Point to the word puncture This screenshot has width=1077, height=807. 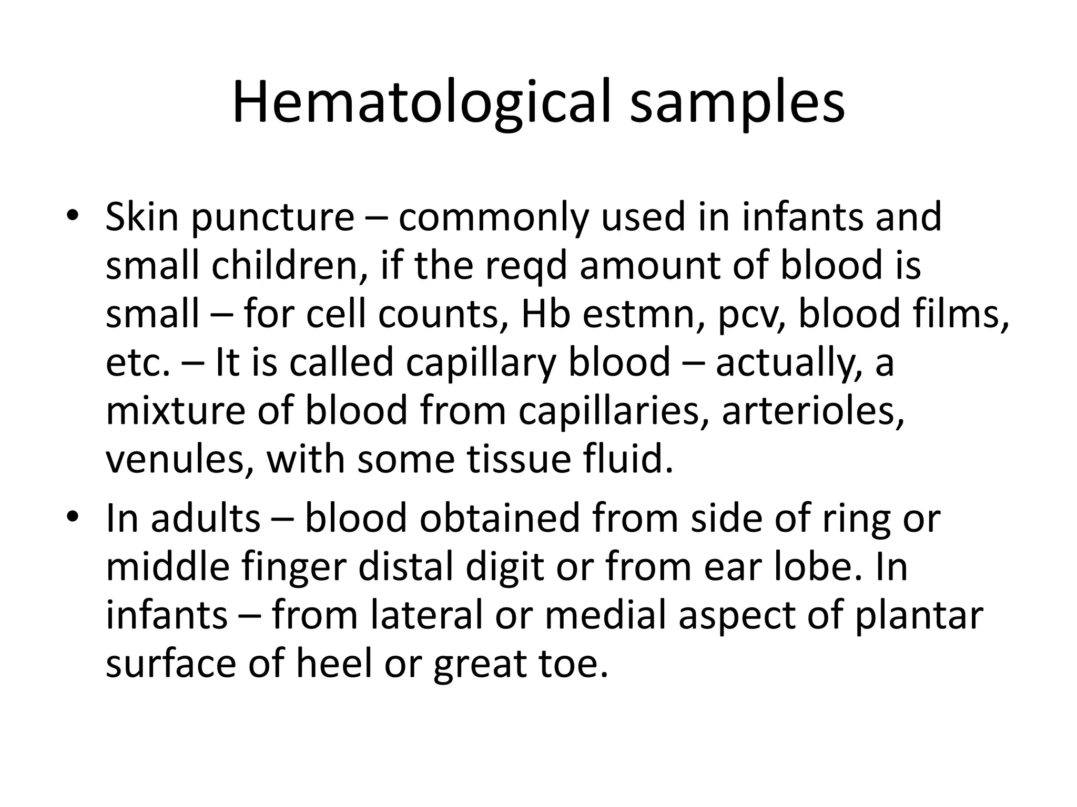click(273, 218)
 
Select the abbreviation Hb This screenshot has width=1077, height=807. click(545, 314)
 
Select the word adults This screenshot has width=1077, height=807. click(206, 518)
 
